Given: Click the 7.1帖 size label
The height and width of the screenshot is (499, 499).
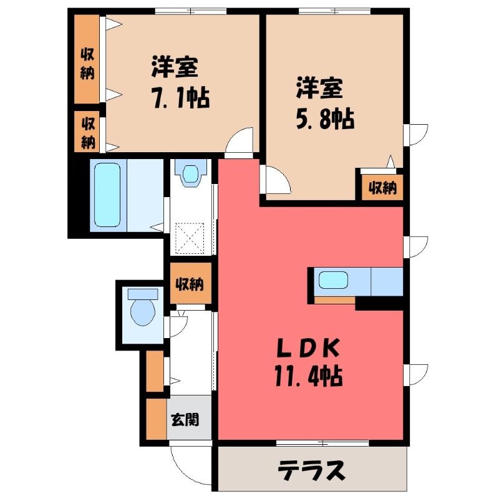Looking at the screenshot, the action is (181, 99).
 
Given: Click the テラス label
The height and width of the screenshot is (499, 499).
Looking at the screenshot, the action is (311, 470).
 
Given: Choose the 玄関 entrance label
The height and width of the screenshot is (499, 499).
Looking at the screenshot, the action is (185, 419).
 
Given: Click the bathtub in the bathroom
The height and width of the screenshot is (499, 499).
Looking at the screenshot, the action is (107, 195).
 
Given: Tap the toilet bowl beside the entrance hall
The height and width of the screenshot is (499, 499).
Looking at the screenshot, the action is (143, 308).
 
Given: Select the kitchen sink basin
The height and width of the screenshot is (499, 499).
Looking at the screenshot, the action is (333, 280).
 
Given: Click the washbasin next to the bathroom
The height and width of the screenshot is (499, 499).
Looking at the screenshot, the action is (190, 174).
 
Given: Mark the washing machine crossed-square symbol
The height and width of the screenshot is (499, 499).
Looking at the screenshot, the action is (190, 238).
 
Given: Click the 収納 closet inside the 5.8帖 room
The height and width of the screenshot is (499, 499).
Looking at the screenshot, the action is (382, 188).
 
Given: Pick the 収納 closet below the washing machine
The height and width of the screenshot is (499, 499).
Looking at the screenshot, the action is (190, 283).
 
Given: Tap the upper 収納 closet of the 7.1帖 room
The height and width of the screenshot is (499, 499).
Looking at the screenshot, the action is (87, 59).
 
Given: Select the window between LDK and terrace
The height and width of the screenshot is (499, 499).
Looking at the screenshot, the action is (322, 443).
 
